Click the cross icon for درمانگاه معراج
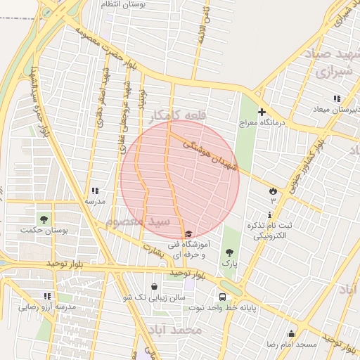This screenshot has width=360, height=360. click(262, 112)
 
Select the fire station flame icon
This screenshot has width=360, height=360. click(273, 191)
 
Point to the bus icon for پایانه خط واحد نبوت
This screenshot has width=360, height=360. click(222, 297)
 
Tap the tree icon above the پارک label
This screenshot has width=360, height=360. click(229, 251)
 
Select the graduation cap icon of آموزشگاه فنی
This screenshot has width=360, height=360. click(188, 234)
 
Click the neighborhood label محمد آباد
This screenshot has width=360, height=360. click(175, 329)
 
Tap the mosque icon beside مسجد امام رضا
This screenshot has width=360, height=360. click(291, 333)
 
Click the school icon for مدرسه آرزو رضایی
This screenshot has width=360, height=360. click(47, 296)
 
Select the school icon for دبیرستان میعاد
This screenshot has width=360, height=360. click(337, 98)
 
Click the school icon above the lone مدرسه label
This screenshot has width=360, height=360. click(95, 191)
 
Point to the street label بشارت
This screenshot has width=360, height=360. click(153, 248)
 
